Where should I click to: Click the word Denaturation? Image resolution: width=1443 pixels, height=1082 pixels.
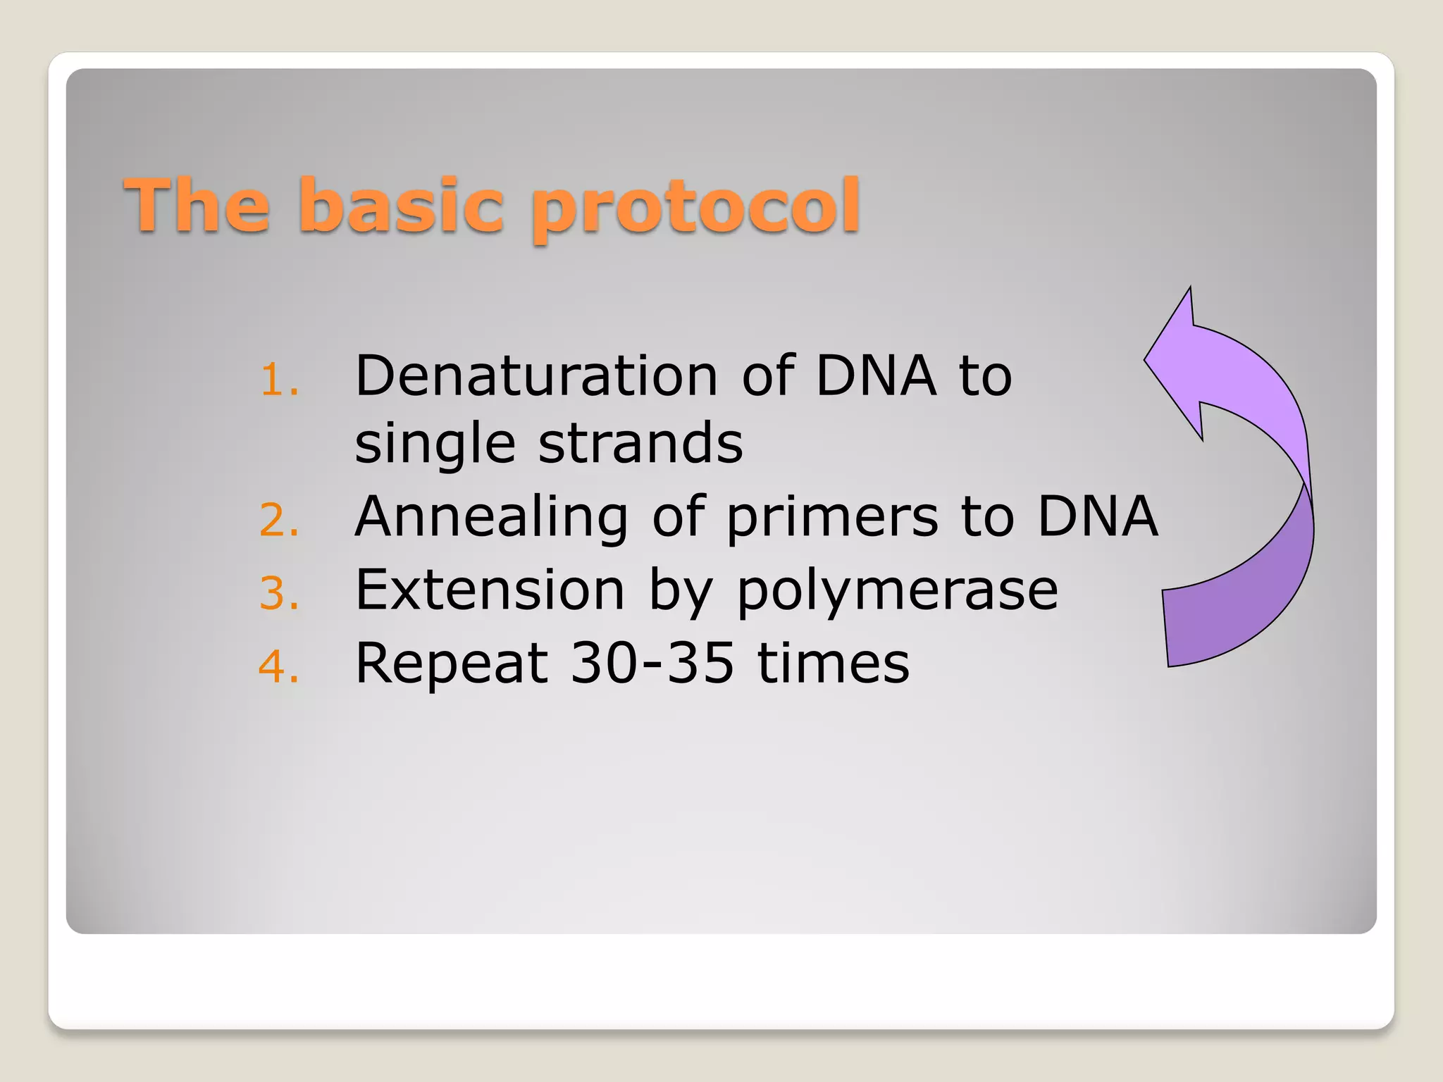pyautogui.click(x=535, y=375)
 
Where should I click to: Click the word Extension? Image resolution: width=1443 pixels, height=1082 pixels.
pyautogui.click(x=490, y=590)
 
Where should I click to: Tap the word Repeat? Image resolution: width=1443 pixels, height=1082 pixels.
pyautogui.click(x=452, y=664)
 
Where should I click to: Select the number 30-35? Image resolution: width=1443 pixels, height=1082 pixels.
pyautogui.click(x=652, y=664)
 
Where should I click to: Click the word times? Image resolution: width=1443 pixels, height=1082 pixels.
pyautogui.click(x=833, y=664)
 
